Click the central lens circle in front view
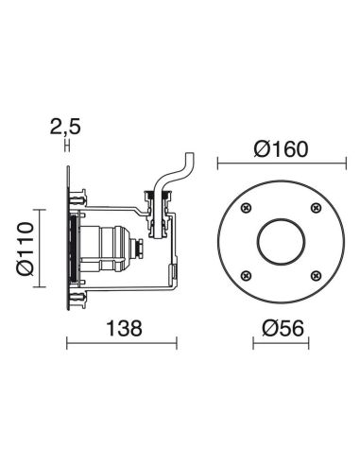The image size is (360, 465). click(278, 240)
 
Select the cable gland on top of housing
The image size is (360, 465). click(157, 203)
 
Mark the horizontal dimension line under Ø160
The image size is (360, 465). click(278, 164)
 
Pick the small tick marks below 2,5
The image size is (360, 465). click(67, 144)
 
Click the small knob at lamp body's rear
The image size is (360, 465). click(141, 248)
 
